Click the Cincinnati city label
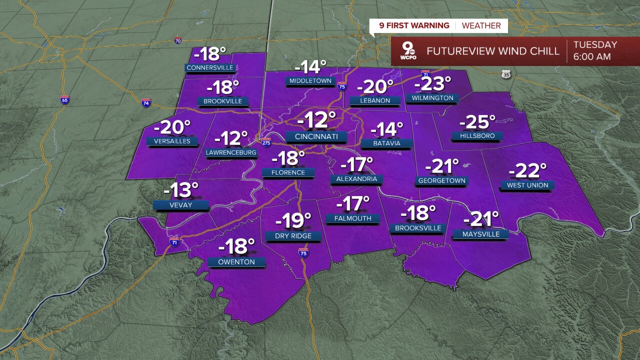coord(316,136)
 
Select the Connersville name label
coord(210,67)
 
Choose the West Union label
coord(527,185)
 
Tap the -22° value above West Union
coord(527,171)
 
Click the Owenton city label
coord(236,262)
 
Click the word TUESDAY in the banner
coord(595,44)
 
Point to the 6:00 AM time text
coord(592,57)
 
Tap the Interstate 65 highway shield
coord(64,99)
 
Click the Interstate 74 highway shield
coord(146,102)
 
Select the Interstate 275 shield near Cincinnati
coord(266,142)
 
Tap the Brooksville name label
coord(418,228)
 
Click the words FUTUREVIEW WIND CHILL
coord(492,51)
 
